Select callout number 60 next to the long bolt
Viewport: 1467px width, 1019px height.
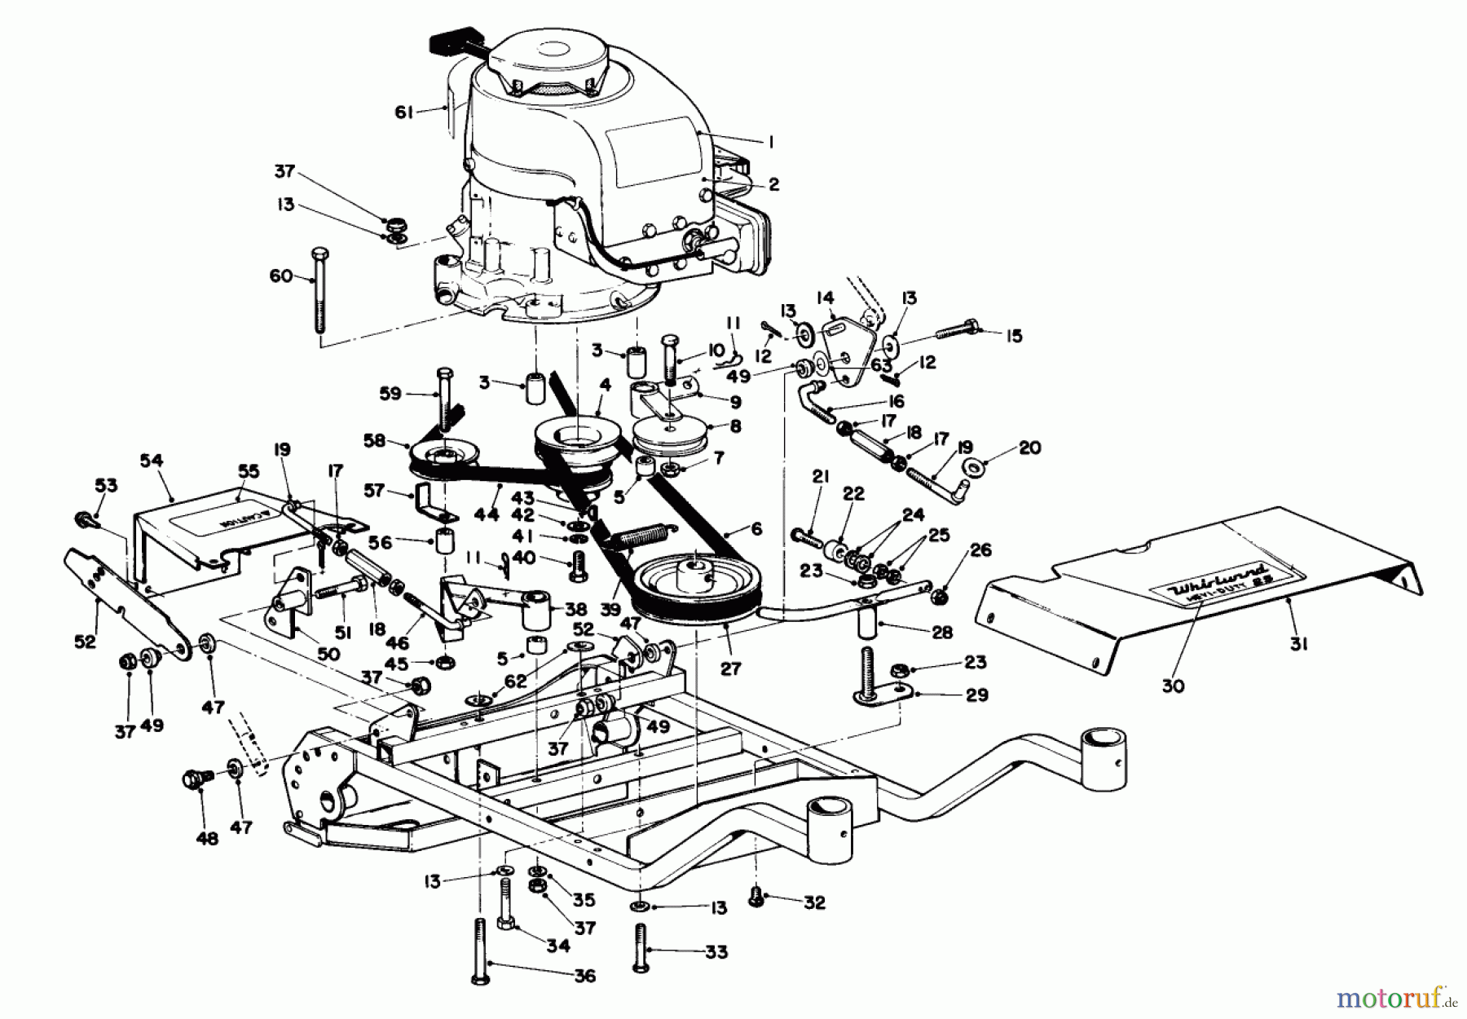click(281, 276)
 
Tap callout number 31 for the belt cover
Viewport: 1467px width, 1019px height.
click(1299, 644)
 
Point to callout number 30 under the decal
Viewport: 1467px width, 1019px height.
click(1173, 686)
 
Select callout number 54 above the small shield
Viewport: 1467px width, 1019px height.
click(152, 461)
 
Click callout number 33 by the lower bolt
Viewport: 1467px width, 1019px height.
click(716, 951)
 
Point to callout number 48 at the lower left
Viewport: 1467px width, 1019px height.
click(209, 837)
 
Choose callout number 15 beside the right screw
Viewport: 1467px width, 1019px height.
click(1014, 336)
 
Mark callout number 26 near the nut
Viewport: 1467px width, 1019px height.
click(980, 550)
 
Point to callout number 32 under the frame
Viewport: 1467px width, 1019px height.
click(814, 902)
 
